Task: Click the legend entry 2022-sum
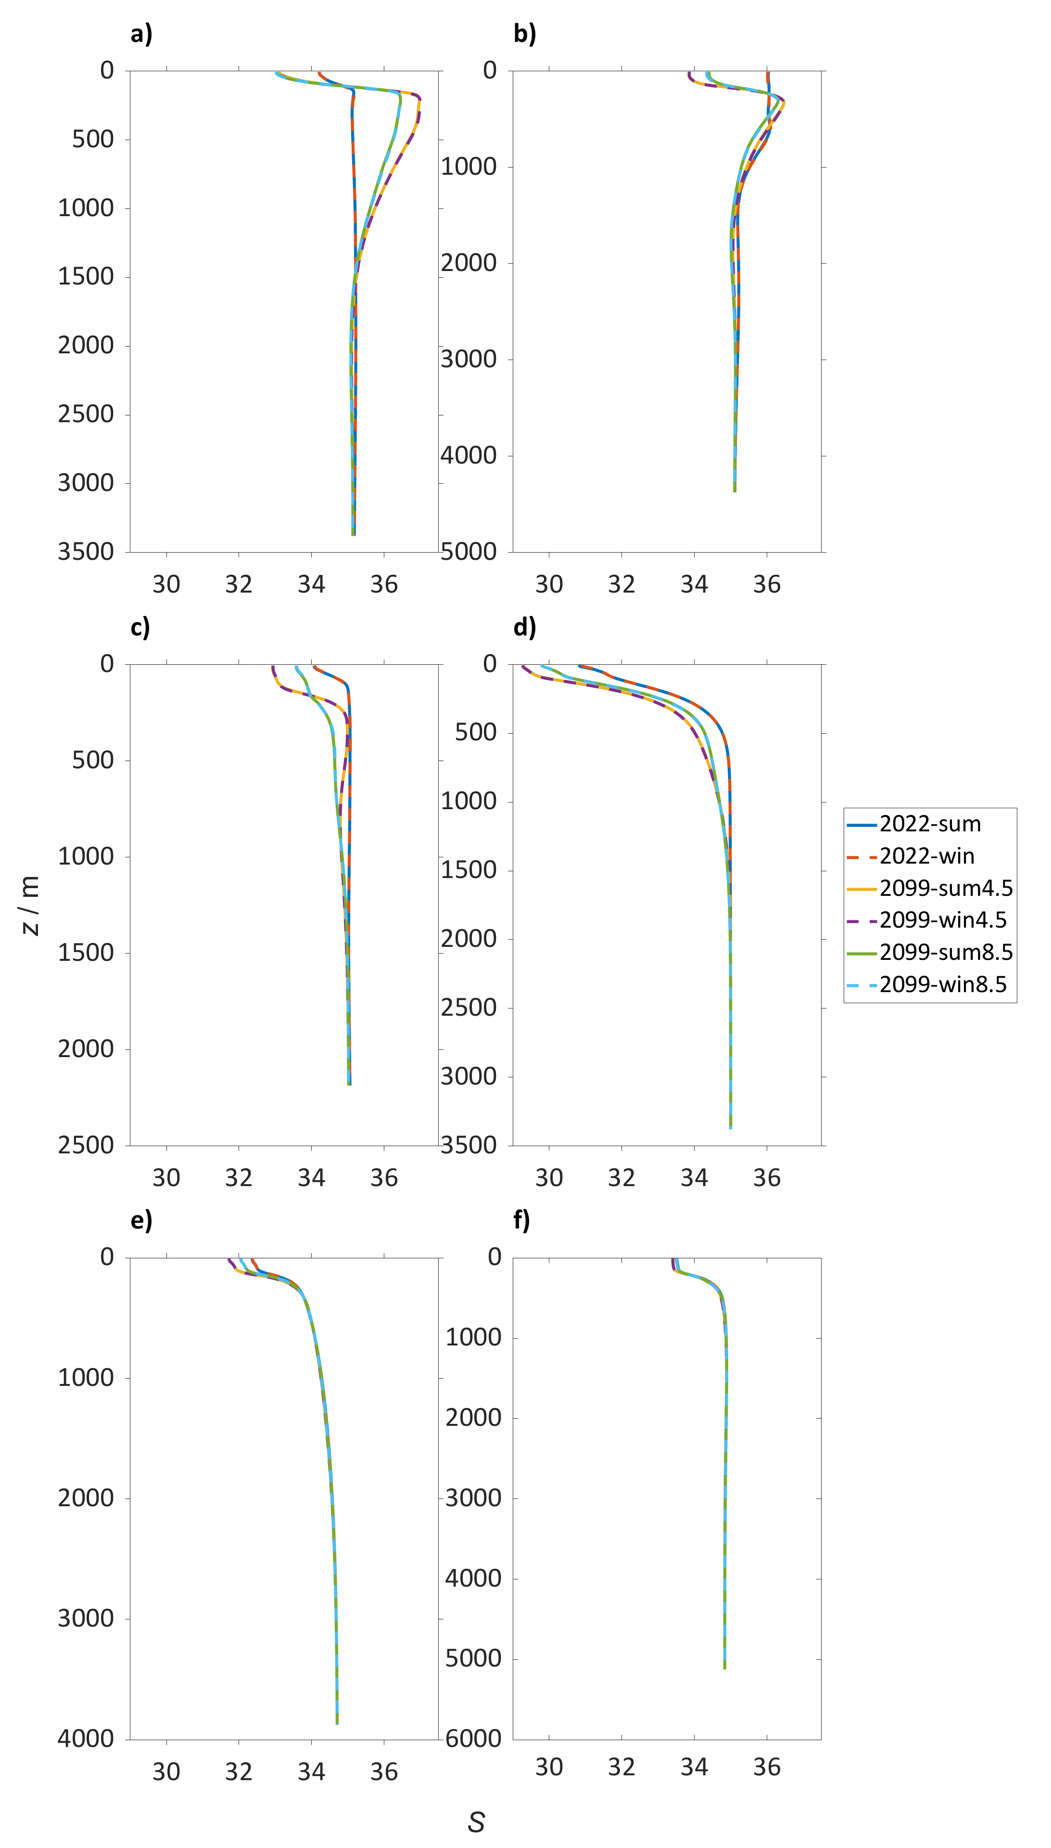(x=930, y=824)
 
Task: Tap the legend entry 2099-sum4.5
(x=946, y=888)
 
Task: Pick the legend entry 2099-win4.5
(x=943, y=920)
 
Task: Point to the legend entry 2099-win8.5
(x=943, y=984)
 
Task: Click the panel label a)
(x=141, y=34)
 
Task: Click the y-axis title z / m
(x=30, y=905)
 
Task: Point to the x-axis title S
(x=476, y=1822)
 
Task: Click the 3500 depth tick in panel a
(x=86, y=552)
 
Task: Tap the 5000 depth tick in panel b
(x=469, y=552)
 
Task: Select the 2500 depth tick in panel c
(x=86, y=1145)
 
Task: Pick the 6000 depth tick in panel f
(x=473, y=1739)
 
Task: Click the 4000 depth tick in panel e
(x=86, y=1739)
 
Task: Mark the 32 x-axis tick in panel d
(x=621, y=1178)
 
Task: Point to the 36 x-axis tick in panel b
(x=767, y=585)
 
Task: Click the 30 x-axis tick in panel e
(x=166, y=1772)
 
